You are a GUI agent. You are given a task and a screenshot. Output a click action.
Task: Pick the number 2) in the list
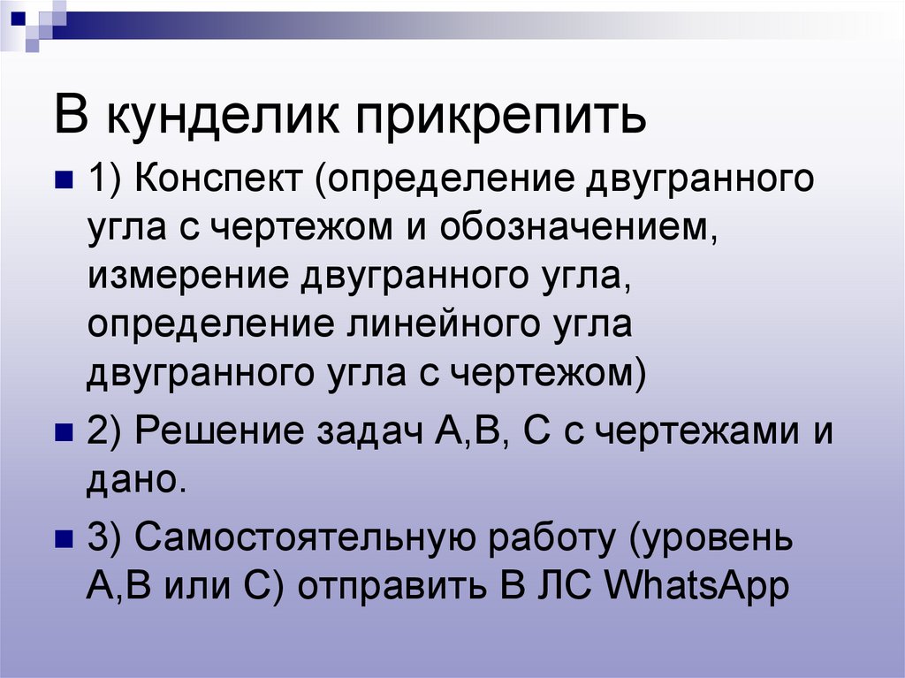[x=107, y=433]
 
